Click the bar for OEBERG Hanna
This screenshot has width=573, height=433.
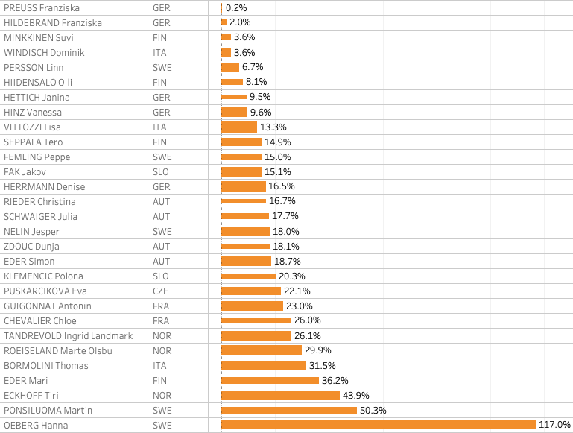pyautogui.click(x=379, y=425)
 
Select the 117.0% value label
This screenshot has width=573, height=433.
pyautogui.click(x=554, y=425)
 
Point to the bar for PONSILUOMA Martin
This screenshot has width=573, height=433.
pyautogui.click(x=289, y=410)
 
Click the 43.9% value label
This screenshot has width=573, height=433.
pyautogui.click(x=356, y=395)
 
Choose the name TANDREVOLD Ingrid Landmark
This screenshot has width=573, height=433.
pyautogui.click(x=68, y=335)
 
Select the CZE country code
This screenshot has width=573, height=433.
pyautogui.click(x=162, y=291)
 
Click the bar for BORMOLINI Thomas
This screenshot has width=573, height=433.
pyautogui.click(x=264, y=365)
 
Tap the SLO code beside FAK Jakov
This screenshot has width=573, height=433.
pyautogui.click(x=161, y=171)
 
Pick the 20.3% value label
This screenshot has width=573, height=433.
pyautogui.click(x=292, y=276)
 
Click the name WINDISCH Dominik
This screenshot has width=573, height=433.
pyautogui.click(x=44, y=52)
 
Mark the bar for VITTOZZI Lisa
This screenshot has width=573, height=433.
pyautogui.click(x=239, y=127)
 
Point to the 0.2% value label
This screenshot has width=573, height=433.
pyautogui.click(x=237, y=7)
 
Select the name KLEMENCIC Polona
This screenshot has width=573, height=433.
pyautogui.click(x=43, y=276)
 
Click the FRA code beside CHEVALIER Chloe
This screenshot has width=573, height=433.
pyautogui.click(x=161, y=320)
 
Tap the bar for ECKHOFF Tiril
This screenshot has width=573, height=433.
pyautogui.click(x=280, y=395)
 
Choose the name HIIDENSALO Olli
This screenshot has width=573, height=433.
pyautogui.click(x=38, y=82)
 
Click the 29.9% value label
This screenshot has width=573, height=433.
pyautogui.click(x=318, y=350)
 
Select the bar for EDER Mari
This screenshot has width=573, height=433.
pyautogui.click(x=270, y=380)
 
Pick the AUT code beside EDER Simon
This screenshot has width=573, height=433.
pyautogui.click(x=161, y=261)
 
